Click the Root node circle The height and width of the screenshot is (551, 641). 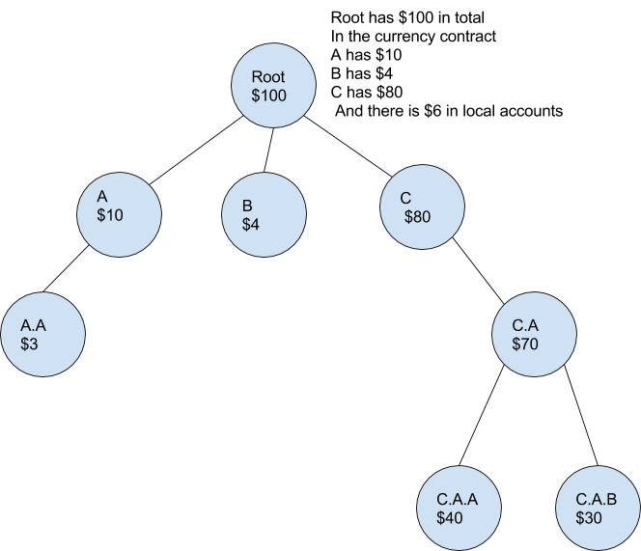pos(274,87)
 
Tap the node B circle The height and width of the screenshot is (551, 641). pos(265,214)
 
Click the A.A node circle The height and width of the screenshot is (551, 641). pos(43,335)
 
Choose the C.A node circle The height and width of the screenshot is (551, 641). pos(535,335)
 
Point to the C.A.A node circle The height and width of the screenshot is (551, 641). pos(460,510)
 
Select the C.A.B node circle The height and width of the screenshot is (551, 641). pos(599,510)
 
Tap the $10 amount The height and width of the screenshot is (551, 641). pos(110,215)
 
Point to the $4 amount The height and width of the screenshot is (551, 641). pos(251,224)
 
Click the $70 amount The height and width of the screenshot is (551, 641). pos(526,344)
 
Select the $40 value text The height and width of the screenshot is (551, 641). pos(450,518)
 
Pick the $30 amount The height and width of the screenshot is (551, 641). pos(589,518)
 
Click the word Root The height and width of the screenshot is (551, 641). pos(267,78)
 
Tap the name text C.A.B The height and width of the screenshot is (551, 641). pos(597,500)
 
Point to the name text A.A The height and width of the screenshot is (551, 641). pos(33,326)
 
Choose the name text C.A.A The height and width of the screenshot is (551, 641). pos(457,500)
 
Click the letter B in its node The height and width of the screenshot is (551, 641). pos(247,206)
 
